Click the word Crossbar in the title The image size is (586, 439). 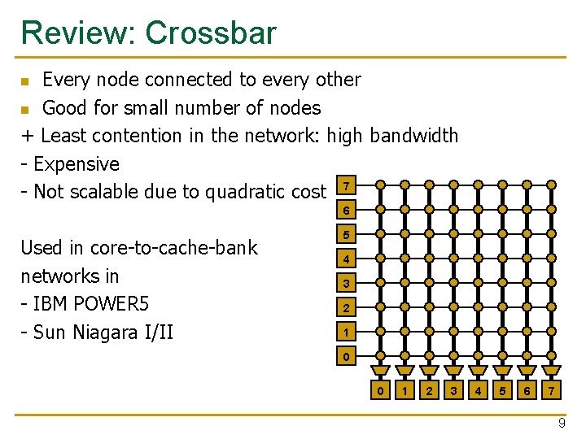[x=211, y=33]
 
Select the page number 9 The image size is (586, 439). [x=562, y=424]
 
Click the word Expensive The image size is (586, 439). [x=77, y=164]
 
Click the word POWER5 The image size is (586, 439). [x=111, y=304]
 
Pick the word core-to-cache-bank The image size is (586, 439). [x=173, y=248]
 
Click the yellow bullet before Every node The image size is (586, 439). [x=25, y=81]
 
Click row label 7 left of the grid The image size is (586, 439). [x=347, y=186]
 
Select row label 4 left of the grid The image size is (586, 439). [x=347, y=260]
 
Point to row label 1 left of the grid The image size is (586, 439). [x=347, y=333]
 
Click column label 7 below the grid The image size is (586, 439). [x=552, y=391]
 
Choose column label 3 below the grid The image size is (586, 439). [x=453, y=391]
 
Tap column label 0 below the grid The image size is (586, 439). [x=380, y=391]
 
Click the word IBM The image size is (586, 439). [x=53, y=304]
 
